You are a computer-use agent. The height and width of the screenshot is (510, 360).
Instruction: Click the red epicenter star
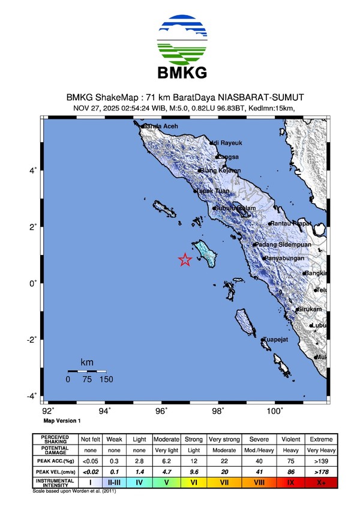point(185,259)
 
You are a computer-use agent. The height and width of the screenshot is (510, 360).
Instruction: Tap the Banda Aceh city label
point(161,127)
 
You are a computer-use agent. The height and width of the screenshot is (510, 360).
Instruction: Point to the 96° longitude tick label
point(161,412)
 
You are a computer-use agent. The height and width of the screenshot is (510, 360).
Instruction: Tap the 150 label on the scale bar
point(106,379)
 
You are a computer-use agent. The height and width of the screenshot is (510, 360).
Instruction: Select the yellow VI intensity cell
point(194,482)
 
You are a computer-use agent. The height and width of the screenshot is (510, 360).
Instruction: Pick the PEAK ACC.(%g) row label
point(56,461)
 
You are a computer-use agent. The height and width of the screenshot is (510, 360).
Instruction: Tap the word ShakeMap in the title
point(117,97)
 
